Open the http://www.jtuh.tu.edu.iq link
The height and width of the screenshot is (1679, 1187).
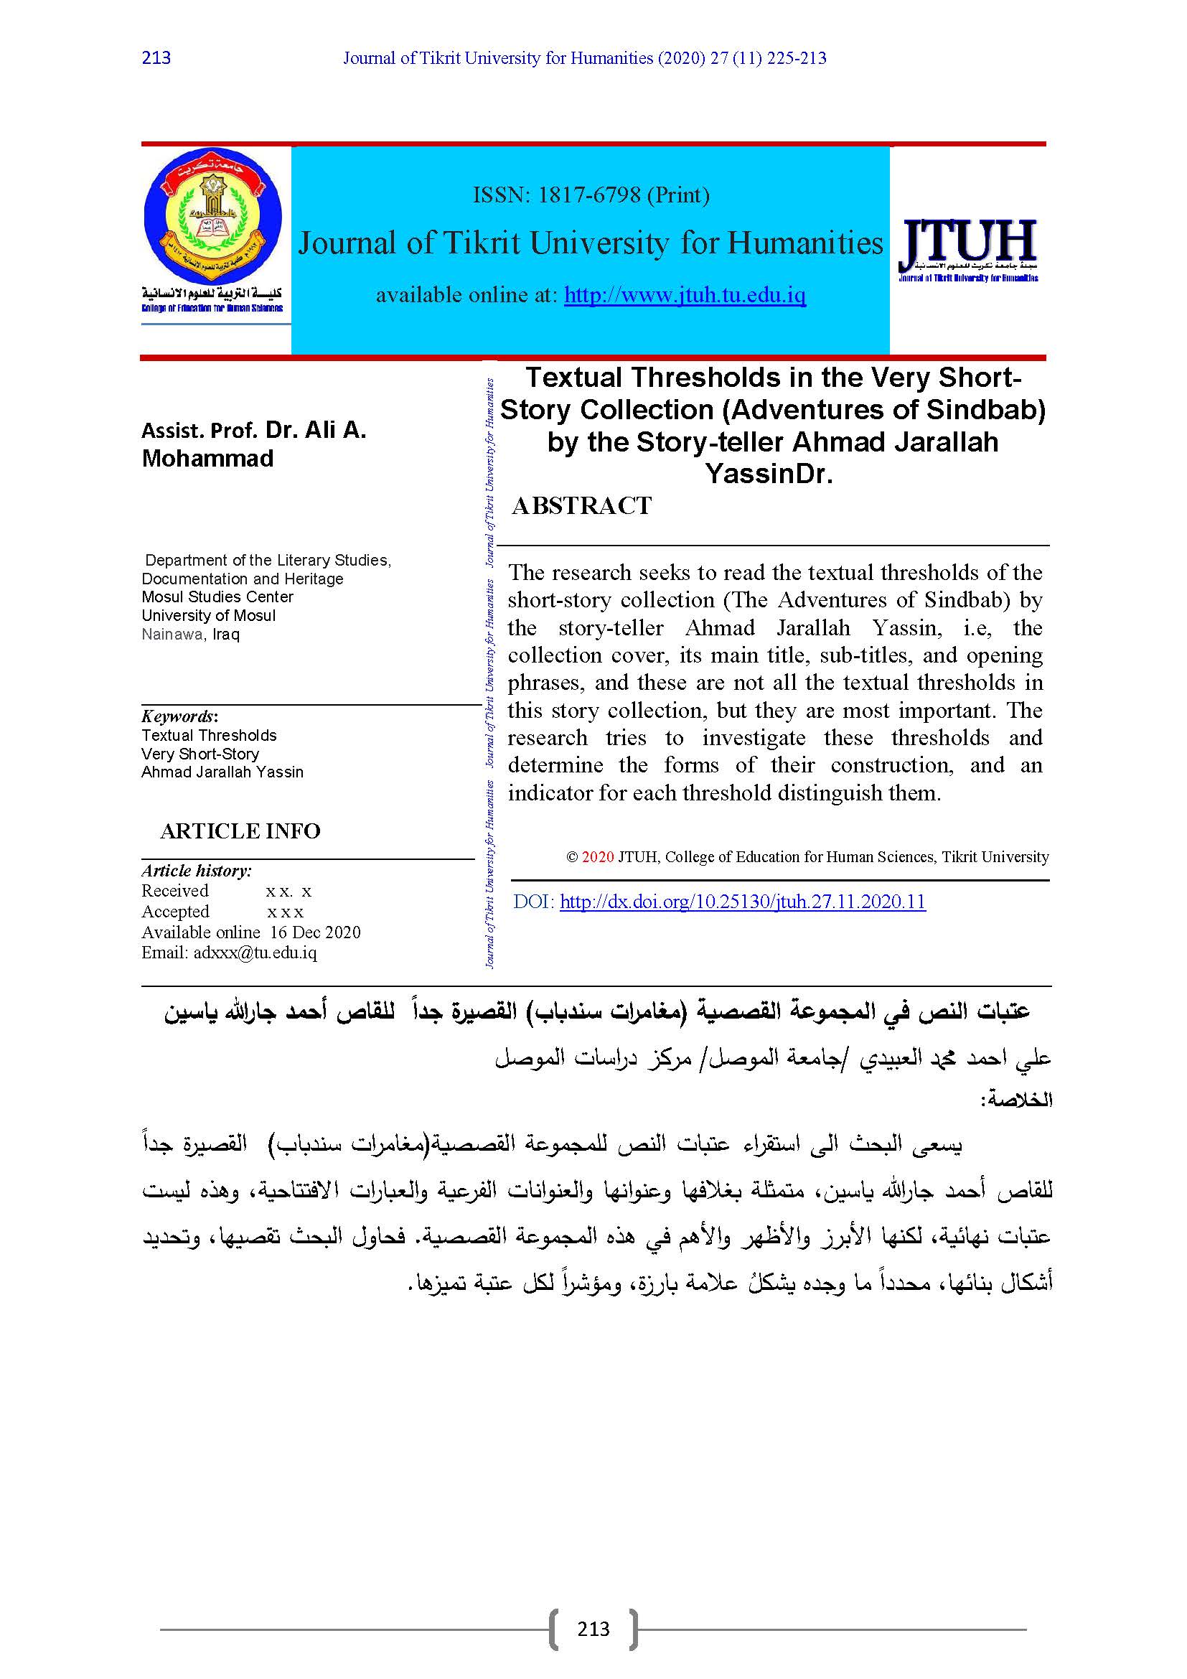coord(685,295)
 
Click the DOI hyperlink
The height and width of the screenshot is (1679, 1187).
coord(743,902)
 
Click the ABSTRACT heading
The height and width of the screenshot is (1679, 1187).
coord(582,505)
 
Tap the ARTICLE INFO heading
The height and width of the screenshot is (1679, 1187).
coord(240,831)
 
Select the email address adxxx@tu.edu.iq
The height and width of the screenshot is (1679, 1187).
coord(255,952)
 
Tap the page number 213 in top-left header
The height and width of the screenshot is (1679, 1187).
coord(156,57)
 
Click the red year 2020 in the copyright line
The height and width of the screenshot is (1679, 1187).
coord(598,856)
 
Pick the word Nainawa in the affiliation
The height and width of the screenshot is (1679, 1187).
coord(172,634)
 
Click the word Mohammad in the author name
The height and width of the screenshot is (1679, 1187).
coord(207,459)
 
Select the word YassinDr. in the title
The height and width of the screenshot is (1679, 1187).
coord(769,474)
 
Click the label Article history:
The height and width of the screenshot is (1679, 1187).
coord(197,870)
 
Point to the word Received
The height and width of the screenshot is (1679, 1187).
coord(175,891)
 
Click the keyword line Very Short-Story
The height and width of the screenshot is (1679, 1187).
coord(200,753)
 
